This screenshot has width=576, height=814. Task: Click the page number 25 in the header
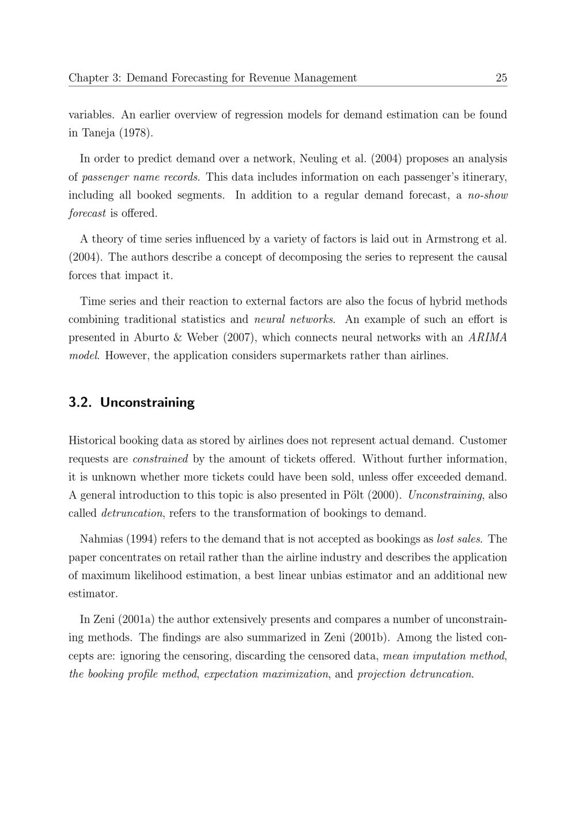pos(501,78)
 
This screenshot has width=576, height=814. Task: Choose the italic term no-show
pos(488,195)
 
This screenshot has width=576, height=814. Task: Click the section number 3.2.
pos(80,402)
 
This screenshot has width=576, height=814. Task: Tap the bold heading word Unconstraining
pos(147,402)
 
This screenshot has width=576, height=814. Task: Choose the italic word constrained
pos(160,459)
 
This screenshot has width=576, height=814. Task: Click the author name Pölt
pos(357,495)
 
